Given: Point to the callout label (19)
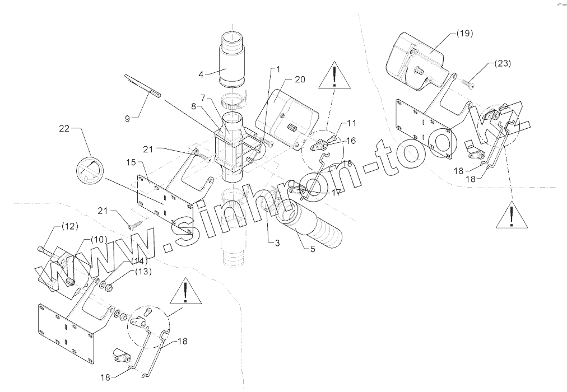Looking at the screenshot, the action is [464, 34].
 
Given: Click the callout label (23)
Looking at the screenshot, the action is [503, 63].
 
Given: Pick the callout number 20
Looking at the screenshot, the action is [300, 80].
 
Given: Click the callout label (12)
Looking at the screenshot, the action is [69, 227].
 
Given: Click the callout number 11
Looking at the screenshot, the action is [351, 123].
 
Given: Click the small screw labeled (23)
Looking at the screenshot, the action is [469, 83].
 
